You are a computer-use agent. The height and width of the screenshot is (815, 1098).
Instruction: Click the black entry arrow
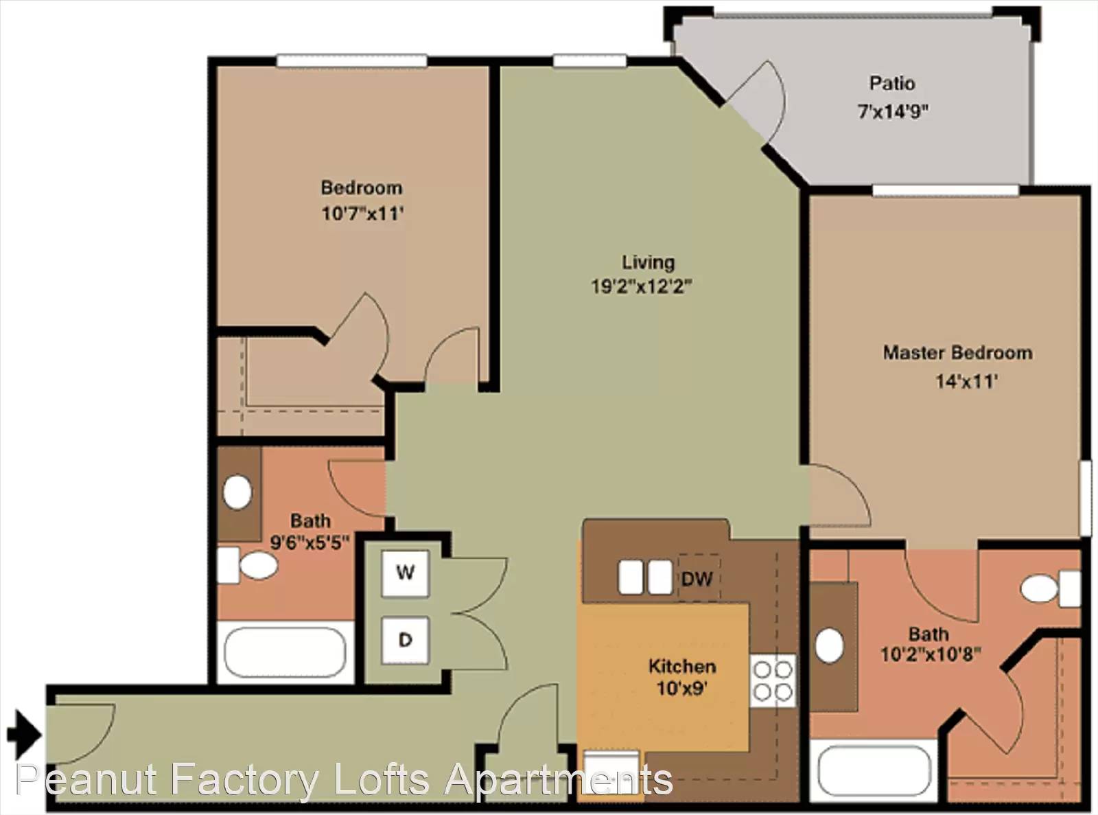24,735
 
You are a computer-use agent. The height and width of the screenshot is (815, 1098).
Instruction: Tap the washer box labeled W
405,573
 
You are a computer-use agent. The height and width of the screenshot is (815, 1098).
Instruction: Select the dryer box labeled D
405,640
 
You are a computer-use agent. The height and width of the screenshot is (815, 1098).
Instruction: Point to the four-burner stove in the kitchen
773,680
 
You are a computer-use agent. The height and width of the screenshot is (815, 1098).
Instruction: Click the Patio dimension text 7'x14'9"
893,111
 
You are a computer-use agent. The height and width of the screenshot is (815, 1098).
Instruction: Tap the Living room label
648,262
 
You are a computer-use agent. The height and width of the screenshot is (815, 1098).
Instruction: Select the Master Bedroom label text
958,353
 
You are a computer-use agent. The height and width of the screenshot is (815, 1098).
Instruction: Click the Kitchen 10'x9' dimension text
681,688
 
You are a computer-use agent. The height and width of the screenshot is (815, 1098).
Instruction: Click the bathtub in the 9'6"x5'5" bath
285,652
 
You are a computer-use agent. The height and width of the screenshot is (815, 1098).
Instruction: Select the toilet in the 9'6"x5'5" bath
248,565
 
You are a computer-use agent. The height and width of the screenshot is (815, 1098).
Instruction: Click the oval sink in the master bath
829,645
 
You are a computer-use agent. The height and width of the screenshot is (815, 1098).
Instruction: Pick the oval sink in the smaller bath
237,492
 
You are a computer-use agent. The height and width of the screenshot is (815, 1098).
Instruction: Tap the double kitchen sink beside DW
646,577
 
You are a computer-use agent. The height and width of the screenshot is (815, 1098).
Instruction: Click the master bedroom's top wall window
946,191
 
